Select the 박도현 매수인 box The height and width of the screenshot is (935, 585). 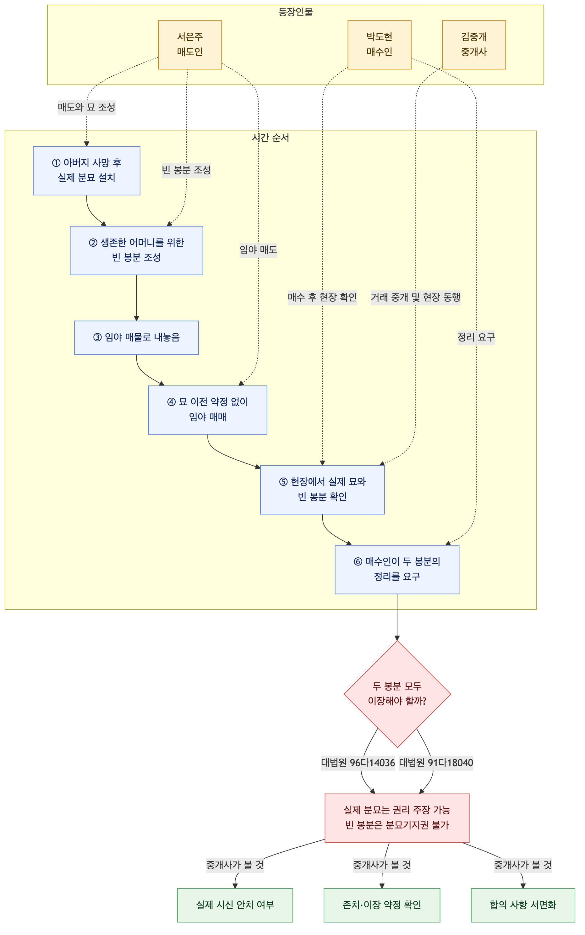click(x=379, y=45)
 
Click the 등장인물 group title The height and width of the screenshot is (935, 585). click(x=295, y=12)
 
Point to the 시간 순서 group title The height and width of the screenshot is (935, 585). click(x=271, y=138)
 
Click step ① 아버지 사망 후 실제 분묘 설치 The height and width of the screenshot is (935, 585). click(x=87, y=171)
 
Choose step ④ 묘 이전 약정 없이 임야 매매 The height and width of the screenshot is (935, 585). click(x=207, y=410)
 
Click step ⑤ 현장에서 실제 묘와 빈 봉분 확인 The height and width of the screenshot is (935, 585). click(x=322, y=489)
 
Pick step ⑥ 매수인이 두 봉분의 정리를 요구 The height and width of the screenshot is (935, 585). click(x=397, y=569)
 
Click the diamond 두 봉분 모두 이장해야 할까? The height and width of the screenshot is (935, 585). click(x=397, y=694)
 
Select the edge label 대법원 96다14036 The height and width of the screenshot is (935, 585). click(x=358, y=763)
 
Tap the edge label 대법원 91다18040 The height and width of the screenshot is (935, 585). click(x=436, y=763)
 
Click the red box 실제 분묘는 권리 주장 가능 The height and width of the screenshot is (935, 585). click(x=397, y=818)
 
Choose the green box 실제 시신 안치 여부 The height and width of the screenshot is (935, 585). click(x=235, y=905)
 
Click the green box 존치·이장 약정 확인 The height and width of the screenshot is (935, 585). click(x=382, y=905)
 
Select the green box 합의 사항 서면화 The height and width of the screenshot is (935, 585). click(x=523, y=905)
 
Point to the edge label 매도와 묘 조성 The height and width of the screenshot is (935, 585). click(x=87, y=107)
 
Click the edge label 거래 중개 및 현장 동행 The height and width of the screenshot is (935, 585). click(x=416, y=297)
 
